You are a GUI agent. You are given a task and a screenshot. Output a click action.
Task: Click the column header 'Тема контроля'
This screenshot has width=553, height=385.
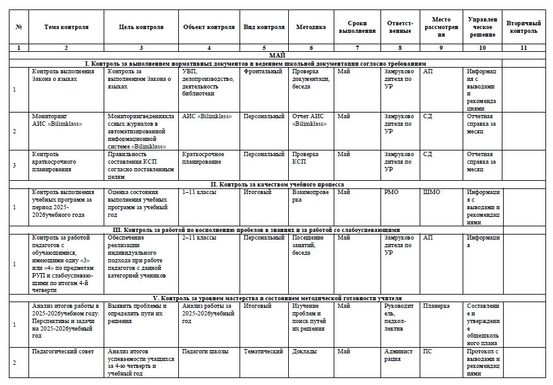tap(66, 27)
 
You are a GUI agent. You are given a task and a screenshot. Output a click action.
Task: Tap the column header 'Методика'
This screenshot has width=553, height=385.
tap(311, 27)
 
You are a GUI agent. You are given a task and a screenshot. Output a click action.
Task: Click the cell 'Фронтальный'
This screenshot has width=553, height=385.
tap(263, 71)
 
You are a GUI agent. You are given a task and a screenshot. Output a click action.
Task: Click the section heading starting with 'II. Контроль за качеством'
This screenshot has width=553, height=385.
tap(277, 184)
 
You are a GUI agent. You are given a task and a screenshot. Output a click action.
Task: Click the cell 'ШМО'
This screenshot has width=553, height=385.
tap(432, 192)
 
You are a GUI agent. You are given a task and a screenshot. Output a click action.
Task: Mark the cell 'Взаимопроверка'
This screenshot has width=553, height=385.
tap(310, 195)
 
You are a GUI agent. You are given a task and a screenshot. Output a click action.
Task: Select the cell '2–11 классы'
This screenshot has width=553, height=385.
tap(195, 238)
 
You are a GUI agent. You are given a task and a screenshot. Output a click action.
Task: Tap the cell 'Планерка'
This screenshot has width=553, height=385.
tap(436, 305)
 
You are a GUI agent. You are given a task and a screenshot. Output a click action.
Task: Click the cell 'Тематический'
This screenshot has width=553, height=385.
tap(263, 351)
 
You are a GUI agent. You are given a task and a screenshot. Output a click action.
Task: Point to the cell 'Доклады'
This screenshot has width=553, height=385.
tap(304, 351)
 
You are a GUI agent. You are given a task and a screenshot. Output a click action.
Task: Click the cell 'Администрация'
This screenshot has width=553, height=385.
tap(398, 355)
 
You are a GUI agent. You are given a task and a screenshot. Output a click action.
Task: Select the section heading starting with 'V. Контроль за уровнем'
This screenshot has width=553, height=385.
tap(277, 298)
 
